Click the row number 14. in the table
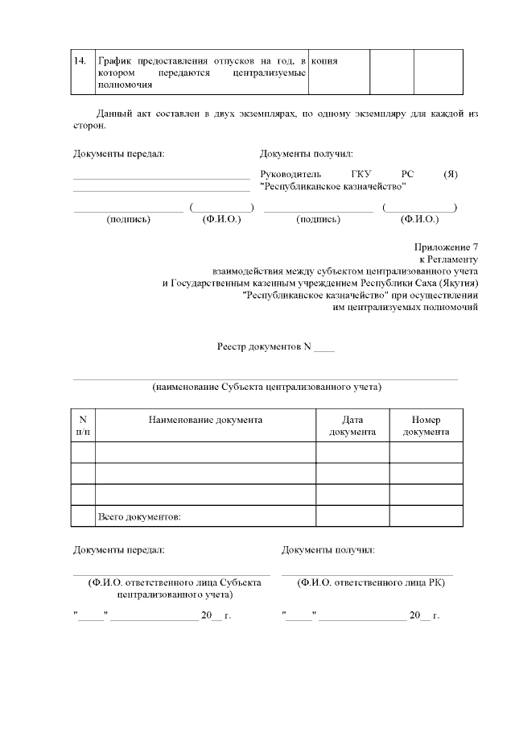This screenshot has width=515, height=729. (x=80, y=60)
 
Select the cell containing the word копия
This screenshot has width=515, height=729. (x=324, y=60)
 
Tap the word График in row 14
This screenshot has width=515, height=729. (x=114, y=60)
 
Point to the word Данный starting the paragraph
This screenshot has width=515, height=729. (x=113, y=114)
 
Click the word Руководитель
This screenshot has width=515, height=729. (x=291, y=174)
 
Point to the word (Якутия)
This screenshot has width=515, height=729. (x=458, y=284)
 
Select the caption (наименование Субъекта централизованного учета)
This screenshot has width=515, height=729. (x=266, y=387)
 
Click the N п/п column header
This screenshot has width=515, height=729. (x=83, y=425)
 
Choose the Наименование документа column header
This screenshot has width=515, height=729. (x=205, y=420)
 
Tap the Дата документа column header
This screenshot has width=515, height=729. (x=352, y=425)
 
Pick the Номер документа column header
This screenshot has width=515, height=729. (x=426, y=425)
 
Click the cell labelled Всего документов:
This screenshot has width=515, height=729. (x=138, y=516)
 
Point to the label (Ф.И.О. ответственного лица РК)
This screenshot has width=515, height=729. (x=371, y=582)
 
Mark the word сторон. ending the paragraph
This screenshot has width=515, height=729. (x=89, y=126)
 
